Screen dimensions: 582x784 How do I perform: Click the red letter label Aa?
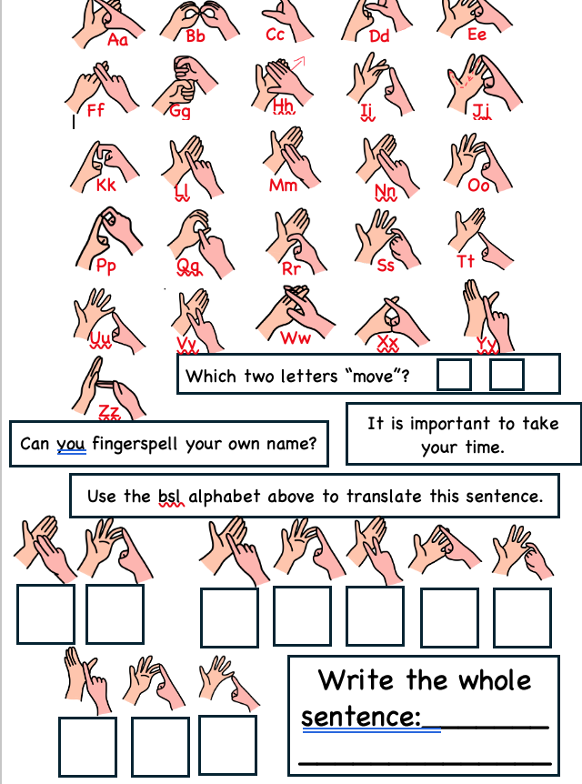tap(118, 39)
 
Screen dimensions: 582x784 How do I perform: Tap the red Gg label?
tap(180, 110)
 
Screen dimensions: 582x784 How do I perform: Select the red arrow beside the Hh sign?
tap(298, 63)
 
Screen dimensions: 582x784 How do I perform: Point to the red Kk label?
tap(106, 185)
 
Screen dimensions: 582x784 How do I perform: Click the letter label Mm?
tap(284, 186)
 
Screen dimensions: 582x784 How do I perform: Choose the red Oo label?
tap(478, 186)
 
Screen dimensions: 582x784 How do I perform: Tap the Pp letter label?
tap(106, 266)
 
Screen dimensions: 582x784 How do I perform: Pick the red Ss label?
tap(386, 266)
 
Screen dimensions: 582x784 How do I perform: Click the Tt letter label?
tap(466, 260)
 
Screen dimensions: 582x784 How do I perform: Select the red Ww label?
tap(296, 338)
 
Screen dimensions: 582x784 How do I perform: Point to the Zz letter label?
tap(109, 412)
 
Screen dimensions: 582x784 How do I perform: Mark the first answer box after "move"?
tap(454, 375)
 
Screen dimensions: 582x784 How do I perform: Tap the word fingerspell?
tap(135, 444)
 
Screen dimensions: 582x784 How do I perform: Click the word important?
tap(450, 425)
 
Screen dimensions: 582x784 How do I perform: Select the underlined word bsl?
tap(170, 497)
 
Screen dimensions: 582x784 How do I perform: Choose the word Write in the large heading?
tap(356, 680)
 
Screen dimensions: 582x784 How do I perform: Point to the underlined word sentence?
tap(361, 717)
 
